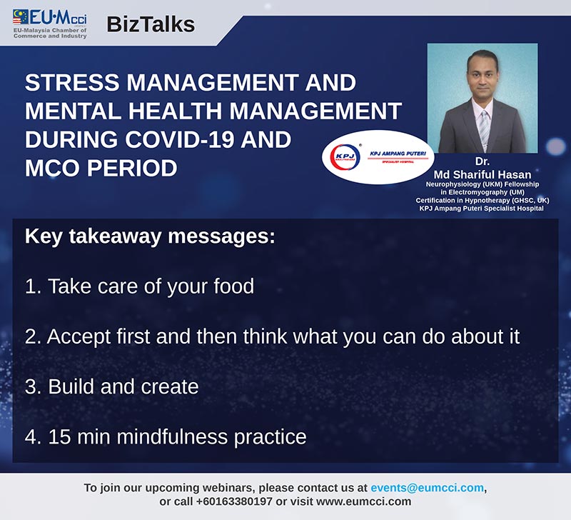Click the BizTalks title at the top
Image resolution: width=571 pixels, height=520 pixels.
click(x=151, y=25)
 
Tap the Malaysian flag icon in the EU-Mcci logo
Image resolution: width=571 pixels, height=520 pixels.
click(x=21, y=16)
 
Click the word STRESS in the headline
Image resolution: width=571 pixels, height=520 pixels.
click(x=72, y=82)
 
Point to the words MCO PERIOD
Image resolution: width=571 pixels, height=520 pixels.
click(x=101, y=168)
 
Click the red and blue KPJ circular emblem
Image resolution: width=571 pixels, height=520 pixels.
click(x=345, y=157)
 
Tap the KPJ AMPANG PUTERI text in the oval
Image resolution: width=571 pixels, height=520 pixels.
click(x=398, y=154)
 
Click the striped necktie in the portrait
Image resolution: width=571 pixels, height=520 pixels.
click(x=484, y=129)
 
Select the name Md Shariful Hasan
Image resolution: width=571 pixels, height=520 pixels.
click(x=482, y=174)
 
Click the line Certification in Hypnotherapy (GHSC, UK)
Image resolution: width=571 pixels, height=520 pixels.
click(x=482, y=201)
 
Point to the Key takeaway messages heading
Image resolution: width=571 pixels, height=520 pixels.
click(x=150, y=237)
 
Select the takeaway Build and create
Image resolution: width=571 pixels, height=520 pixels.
click(x=112, y=386)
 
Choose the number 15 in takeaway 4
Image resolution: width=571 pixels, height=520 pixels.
click(x=59, y=437)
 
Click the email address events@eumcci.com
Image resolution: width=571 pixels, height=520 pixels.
click(x=427, y=488)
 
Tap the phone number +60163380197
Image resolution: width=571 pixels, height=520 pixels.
click(x=234, y=501)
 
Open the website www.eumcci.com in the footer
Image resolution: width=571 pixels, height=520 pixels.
click(x=363, y=501)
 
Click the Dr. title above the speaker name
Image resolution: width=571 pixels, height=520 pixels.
click(x=482, y=161)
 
